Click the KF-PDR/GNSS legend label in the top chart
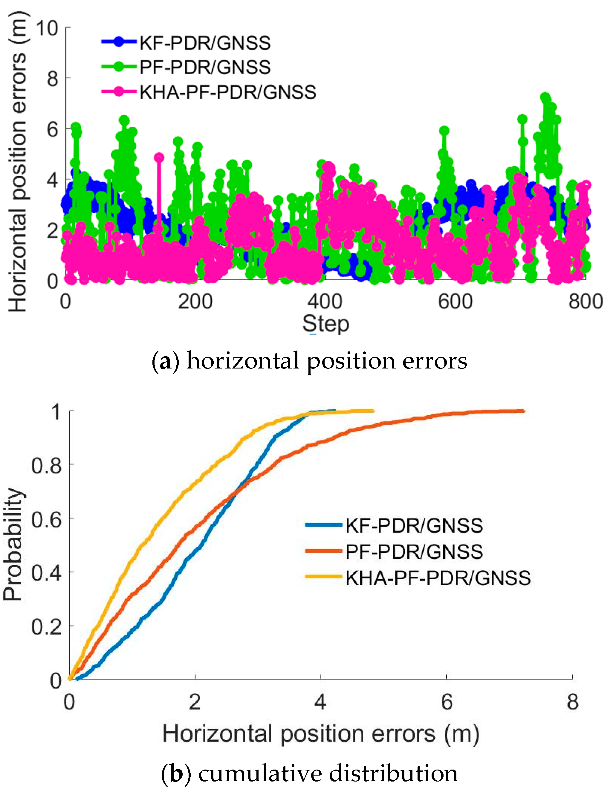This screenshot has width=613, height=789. (x=205, y=43)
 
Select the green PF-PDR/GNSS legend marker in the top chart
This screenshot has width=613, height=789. (x=118, y=67)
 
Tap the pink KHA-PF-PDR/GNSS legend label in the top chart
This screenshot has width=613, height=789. (x=227, y=92)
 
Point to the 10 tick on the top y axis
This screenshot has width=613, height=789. (x=47, y=28)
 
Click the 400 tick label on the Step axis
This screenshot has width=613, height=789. (x=325, y=302)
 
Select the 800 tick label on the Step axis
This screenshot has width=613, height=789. (x=585, y=302)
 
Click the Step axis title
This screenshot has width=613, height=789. (x=325, y=324)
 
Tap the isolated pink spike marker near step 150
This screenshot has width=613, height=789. (x=159, y=158)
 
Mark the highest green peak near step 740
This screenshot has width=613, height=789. (x=545, y=97)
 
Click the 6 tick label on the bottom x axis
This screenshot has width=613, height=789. (x=447, y=702)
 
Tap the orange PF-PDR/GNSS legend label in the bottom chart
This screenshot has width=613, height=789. (x=414, y=552)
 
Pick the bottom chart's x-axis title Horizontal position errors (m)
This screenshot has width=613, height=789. (x=321, y=734)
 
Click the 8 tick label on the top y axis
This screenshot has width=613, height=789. (x=52, y=78)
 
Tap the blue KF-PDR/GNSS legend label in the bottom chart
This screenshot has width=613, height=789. (x=414, y=525)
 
